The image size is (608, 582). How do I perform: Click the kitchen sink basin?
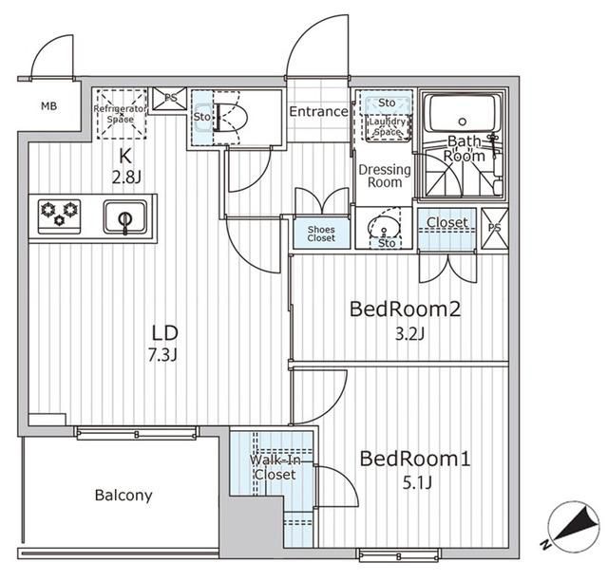click(x=124, y=217)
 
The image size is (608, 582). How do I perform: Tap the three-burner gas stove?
click(x=59, y=216)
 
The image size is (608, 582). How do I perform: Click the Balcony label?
click(x=123, y=496)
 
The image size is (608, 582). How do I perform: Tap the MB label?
click(x=48, y=105)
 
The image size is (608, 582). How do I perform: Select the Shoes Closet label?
click(x=321, y=234)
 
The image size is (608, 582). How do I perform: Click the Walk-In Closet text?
click(x=275, y=467)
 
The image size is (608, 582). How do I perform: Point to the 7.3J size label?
click(x=162, y=355)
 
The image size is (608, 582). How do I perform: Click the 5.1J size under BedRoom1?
click(x=417, y=483)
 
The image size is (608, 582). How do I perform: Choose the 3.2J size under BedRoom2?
click(x=409, y=333)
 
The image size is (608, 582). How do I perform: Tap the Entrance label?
click(x=319, y=112)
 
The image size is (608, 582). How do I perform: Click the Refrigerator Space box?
click(x=121, y=114)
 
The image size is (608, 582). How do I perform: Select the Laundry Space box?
click(x=387, y=127)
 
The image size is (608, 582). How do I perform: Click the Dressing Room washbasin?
click(x=384, y=227)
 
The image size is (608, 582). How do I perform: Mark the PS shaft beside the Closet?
click(x=494, y=228)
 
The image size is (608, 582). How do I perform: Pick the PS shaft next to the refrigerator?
click(x=169, y=99)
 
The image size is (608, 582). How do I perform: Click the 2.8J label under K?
click(x=126, y=178)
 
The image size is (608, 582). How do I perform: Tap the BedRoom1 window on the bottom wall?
click(x=399, y=555)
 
